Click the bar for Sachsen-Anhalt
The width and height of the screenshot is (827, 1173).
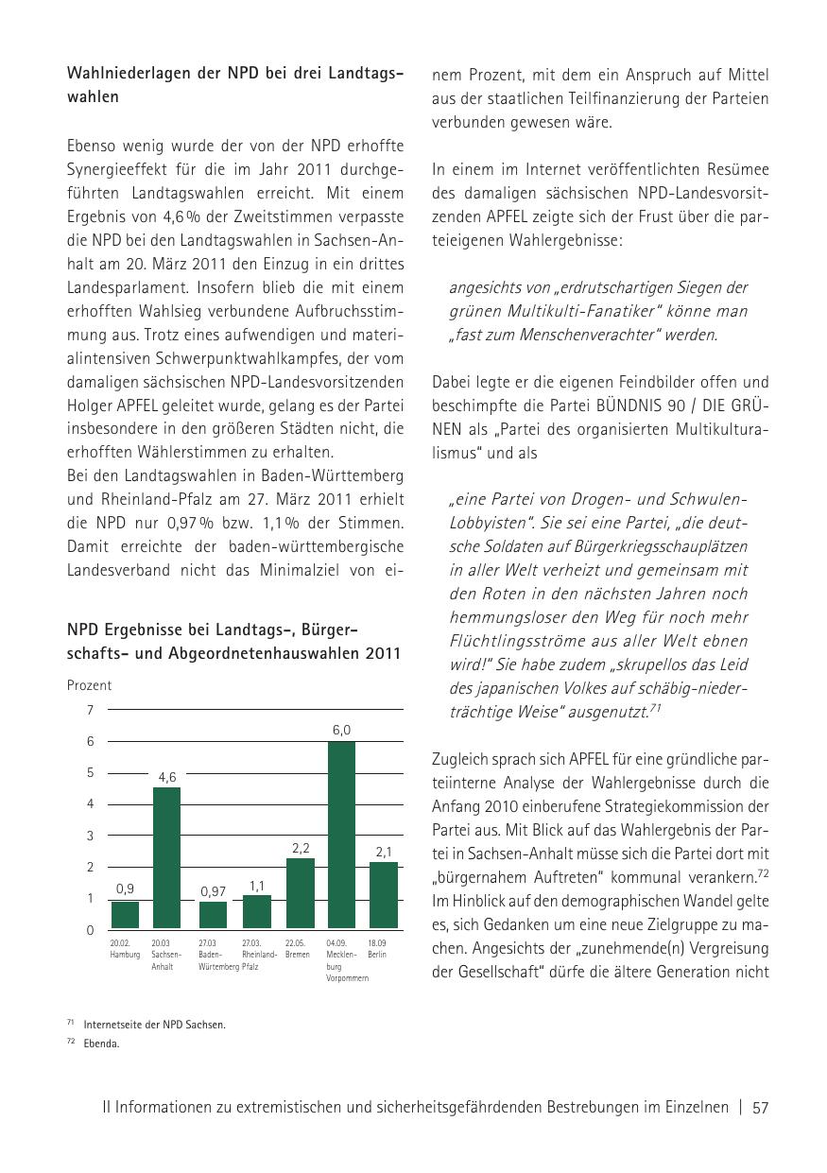point(166,857)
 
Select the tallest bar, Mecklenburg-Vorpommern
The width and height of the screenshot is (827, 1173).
point(340,835)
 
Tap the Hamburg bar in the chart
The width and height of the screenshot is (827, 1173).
point(125,914)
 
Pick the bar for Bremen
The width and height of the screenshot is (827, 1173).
point(300,892)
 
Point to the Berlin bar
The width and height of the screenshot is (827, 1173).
point(383,894)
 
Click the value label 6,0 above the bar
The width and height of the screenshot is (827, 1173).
point(341,730)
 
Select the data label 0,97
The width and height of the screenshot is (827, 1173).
point(214,890)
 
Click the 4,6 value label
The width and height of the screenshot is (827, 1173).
point(167,777)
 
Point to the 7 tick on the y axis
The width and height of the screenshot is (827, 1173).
point(90,710)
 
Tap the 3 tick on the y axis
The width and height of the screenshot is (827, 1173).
point(90,836)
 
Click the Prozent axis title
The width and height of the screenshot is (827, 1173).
point(89,685)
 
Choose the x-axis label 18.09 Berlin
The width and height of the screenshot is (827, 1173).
point(378,949)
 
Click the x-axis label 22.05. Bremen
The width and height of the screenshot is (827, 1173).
point(298,949)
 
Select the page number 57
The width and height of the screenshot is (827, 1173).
point(761,1108)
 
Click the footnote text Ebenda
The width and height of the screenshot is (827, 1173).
point(101,1044)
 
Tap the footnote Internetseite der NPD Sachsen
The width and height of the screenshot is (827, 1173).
point(154,1025)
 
